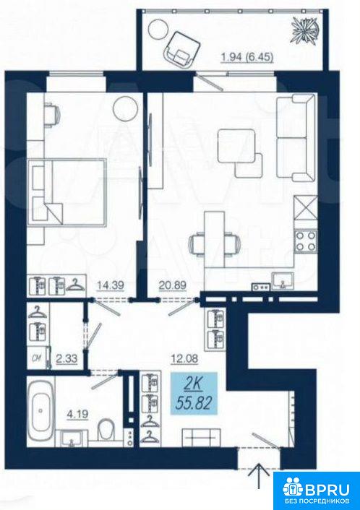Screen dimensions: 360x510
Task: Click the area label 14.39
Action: pyautogui.click(x=111, y=285)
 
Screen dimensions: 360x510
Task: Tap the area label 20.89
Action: pyautogui.click(x=173, y=285)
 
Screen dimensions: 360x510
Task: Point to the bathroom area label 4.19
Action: pyautogui.click(x=77, y=415)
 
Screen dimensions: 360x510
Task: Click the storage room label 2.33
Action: pyautogui.click(x=67, y=359)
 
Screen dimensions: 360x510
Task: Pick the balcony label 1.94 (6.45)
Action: pyautogui.click(x=247, y=57)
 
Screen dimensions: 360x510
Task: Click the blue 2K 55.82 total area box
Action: pyautogui.click(x=194, y=394)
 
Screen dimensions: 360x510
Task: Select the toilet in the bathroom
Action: pyautogui.click(x=106, y=428)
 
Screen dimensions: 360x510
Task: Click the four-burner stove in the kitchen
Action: pyautogui.click(x=306, y=241)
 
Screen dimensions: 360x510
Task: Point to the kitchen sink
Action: pyautogui.click(x=283, y=281)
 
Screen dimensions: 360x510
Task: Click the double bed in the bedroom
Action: pyautogui.click(x=68, y=191)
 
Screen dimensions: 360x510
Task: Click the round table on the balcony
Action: pyautogui.click(x=158, y=30)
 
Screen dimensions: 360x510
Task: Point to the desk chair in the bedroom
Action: pyautogui.click(x=52, y=114)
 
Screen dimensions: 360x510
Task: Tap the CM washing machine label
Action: pyautogui.click(x=36, y=358)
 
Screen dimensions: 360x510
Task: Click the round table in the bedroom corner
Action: pyautogui.click(x=125, y=108)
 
